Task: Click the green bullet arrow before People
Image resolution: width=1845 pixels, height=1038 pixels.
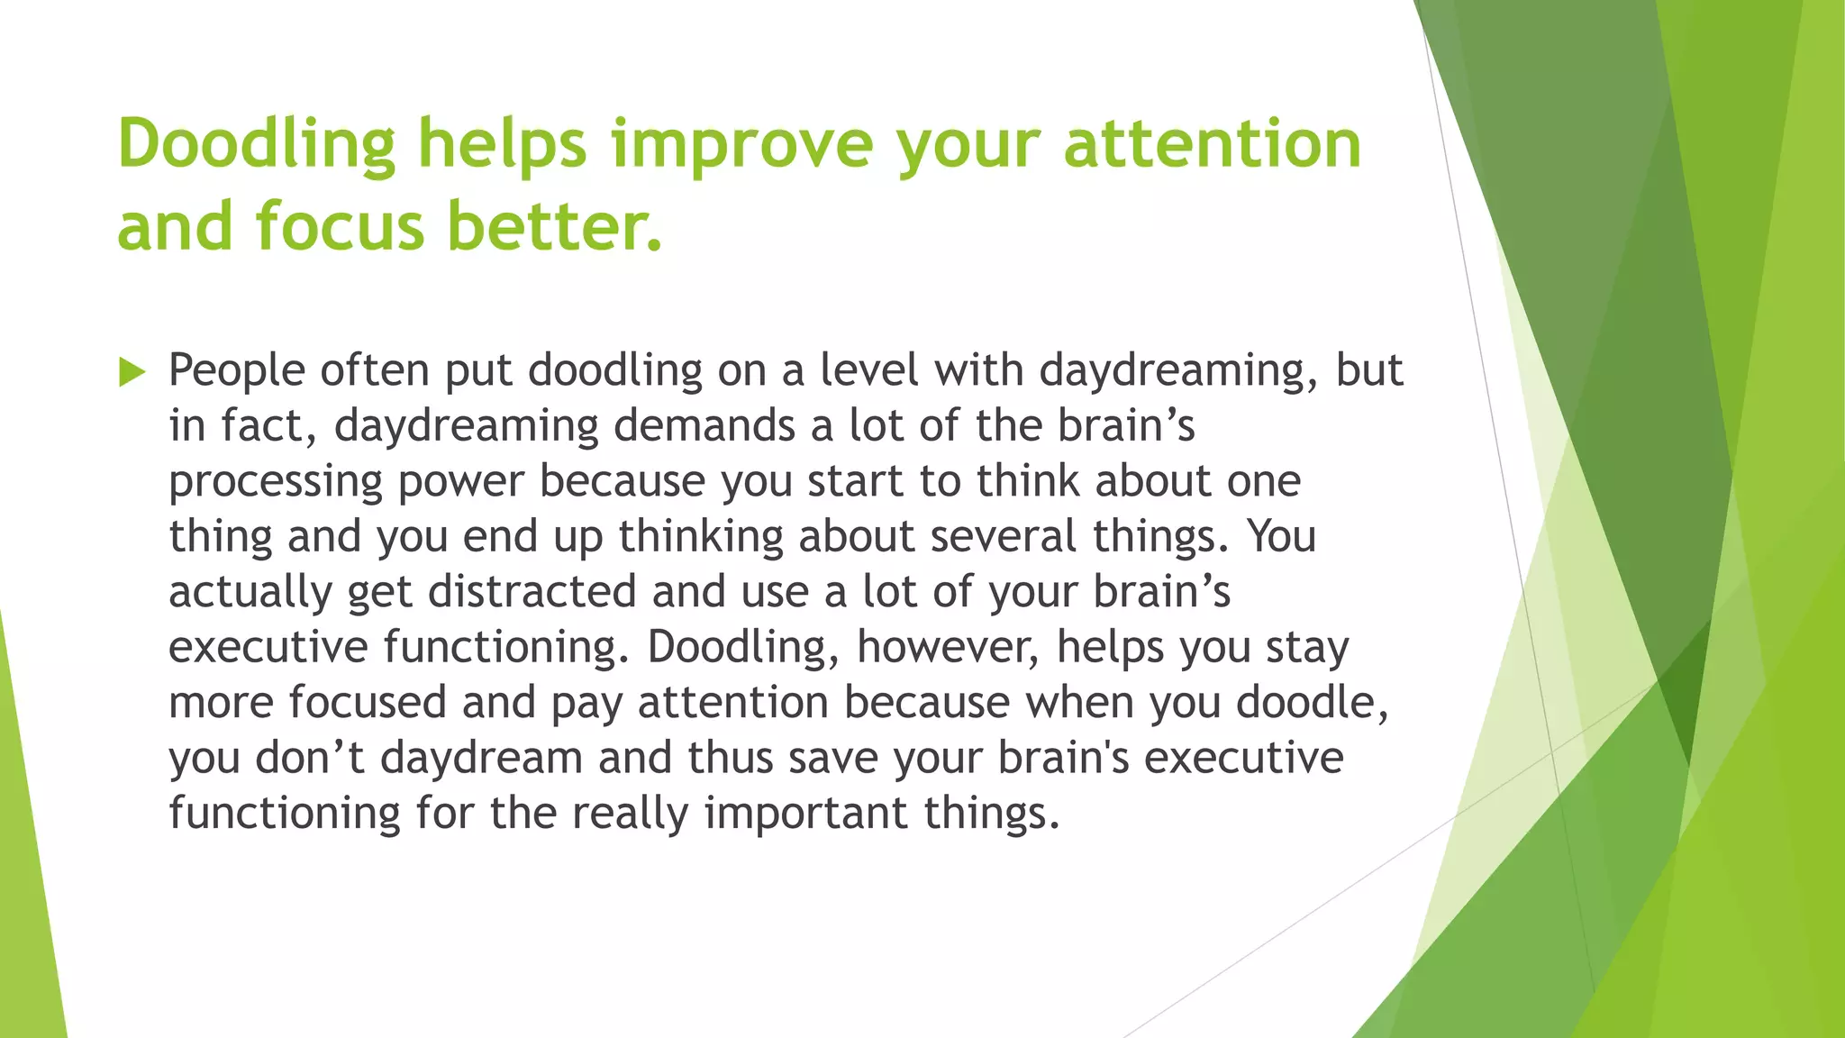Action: (x=132, y=371)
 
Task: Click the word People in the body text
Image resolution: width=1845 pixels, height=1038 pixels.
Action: (x=236, y=370)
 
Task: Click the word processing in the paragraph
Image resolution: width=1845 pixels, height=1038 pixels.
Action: (x=276, y=482)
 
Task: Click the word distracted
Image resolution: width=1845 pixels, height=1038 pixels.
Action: (x=532, y=592)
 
